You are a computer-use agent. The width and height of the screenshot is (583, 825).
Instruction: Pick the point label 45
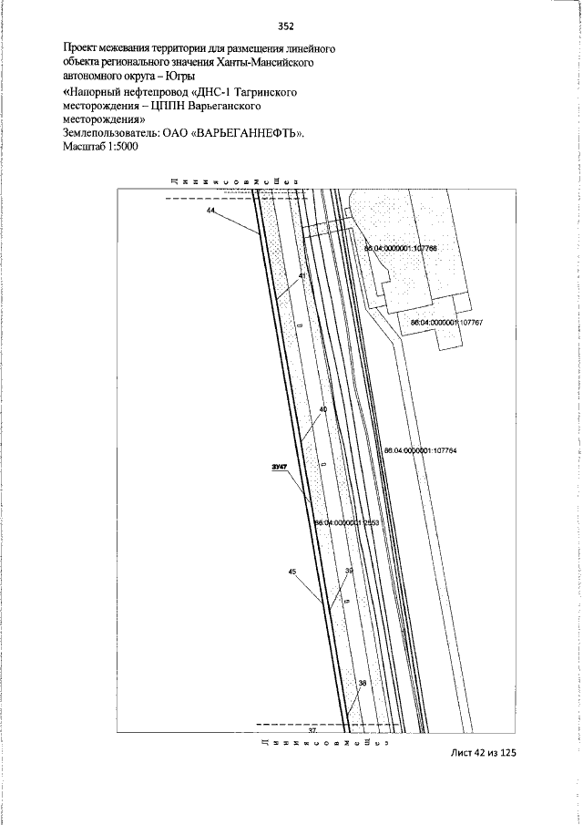click(x=291, y=572)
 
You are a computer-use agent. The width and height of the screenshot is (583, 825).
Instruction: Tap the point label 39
click(x=349, y=572)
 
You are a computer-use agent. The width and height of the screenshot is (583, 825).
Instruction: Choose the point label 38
click(x=362, y=683)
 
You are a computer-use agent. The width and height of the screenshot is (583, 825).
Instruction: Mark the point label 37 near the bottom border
click(x=312, y=731)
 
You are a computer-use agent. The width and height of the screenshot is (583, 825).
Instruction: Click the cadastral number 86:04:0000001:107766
click(x=400, y=248)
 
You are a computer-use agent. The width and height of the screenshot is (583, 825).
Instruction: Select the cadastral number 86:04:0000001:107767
click(x=445, y=323)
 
